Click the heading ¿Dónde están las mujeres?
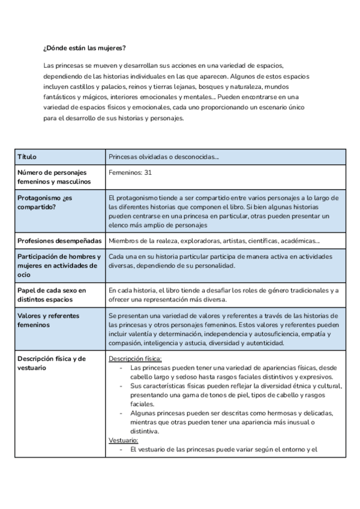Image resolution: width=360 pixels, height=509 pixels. point(85,48)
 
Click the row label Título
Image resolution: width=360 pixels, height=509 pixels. point(27,157)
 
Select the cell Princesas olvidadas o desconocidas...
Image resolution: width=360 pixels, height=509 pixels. point(164,157)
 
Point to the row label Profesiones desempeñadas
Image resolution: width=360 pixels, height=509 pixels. point(59,241)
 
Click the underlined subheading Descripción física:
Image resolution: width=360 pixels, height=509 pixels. point(135,358)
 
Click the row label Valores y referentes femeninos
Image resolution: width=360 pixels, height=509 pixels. point(48,320)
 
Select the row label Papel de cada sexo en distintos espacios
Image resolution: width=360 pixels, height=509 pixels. point(52,295)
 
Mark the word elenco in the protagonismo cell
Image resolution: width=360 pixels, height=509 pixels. point(119,225)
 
